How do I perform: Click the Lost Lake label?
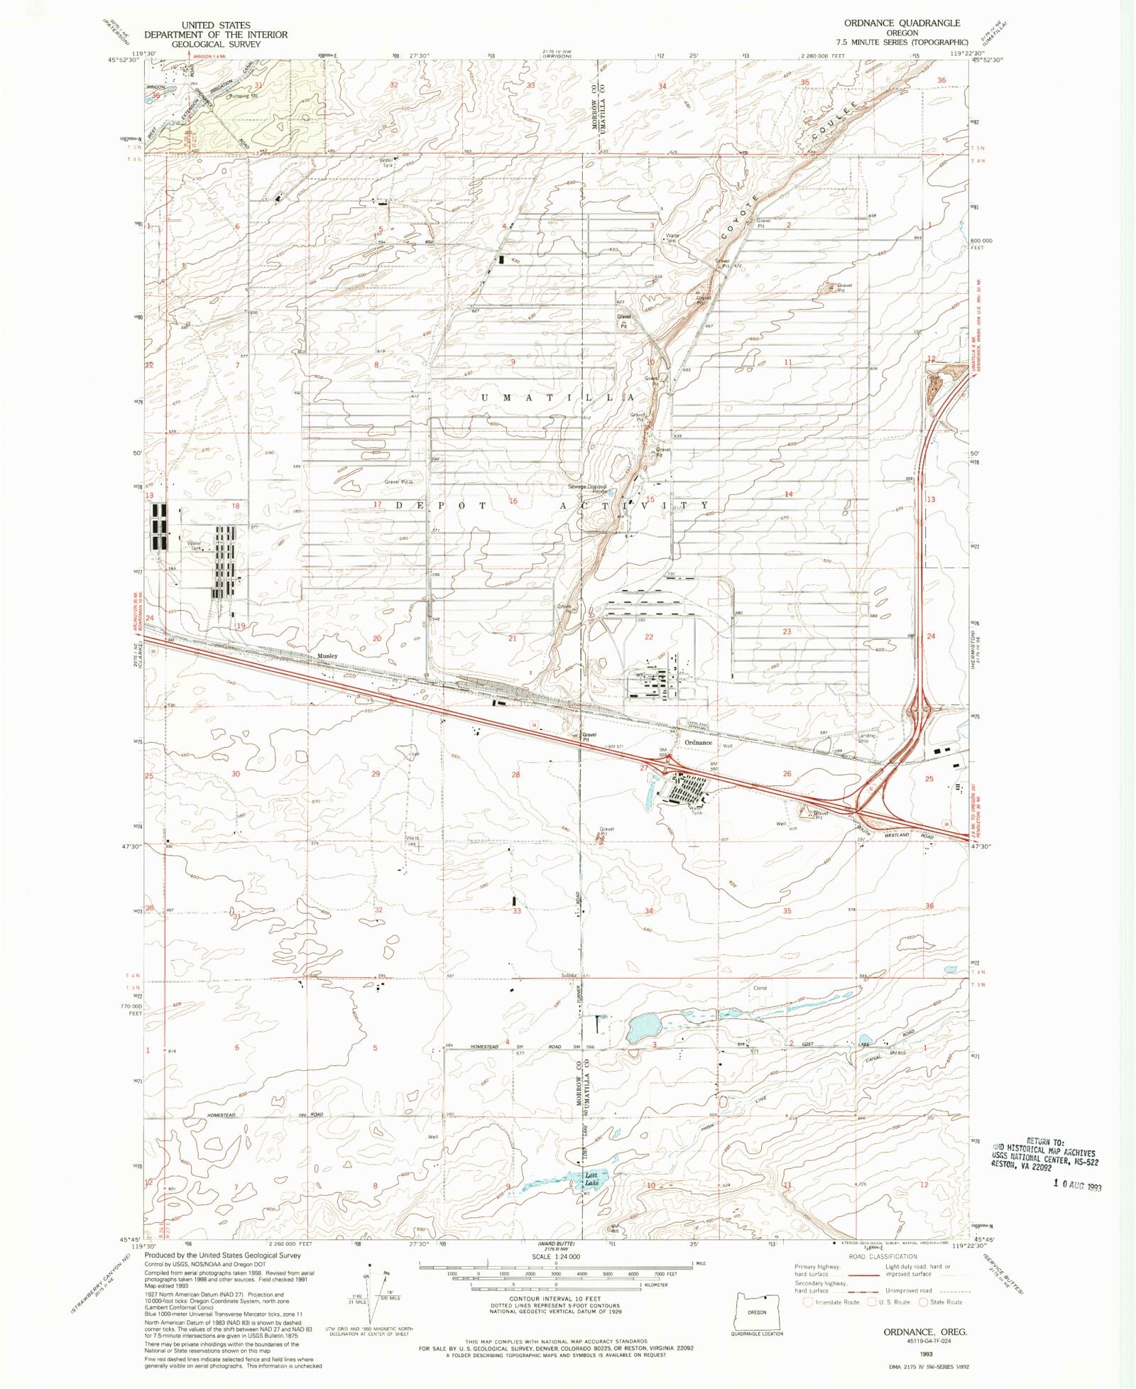pyautogui.click(x=591, y=1180)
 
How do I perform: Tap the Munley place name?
pyautogui.click(x=328, y=655)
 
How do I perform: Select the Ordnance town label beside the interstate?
pyautogui.click(x=698, y=742)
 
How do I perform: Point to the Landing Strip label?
pyautogui.click(x=867, y=738)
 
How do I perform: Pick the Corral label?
pyautogui.click(x=760, y=988)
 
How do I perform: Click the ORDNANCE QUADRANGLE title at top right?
pyautogui.click(x=902, y=23)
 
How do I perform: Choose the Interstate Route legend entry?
pyautogui.click(x=832, y=1302)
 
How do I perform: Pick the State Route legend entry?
pyautogui.click(x=943, y=1302)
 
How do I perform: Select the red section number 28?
pyautogui.click(x=516, y=774)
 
